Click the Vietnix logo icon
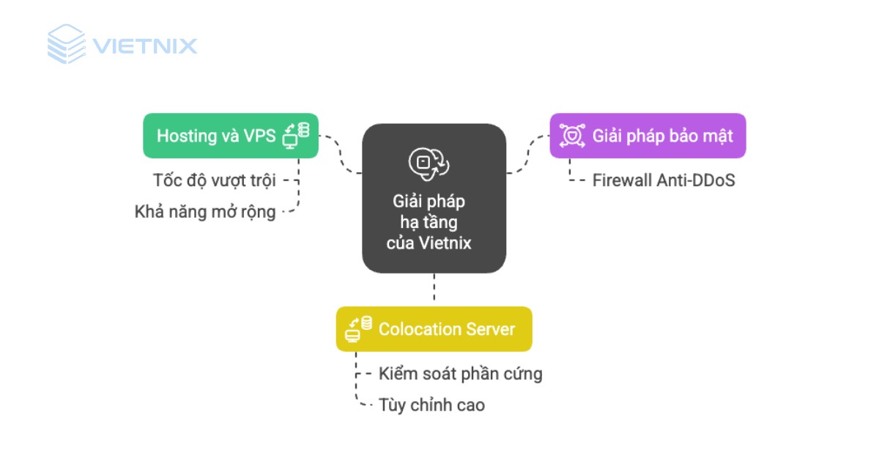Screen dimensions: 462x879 [x=67, y=44]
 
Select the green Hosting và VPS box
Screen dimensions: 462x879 [x=230, y=136]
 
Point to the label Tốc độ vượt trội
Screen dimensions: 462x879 [x=215, y=180]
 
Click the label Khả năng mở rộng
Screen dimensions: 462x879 [x=205, y=213]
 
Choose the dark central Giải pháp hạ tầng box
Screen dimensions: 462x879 [x=434, y=199]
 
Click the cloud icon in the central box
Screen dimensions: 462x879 [x=429, y=163]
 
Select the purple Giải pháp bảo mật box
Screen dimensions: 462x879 [x=648, y=136]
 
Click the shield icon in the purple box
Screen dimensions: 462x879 [x=571, y=136]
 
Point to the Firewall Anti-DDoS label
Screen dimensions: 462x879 [x=663, y=180]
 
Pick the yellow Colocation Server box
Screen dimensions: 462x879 [x=434, y=329]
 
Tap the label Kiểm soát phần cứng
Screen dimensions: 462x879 [x=460, y=373]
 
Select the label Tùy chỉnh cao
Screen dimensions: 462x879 [x=431, y=405]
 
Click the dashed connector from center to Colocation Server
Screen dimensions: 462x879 [x=434, y=290]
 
